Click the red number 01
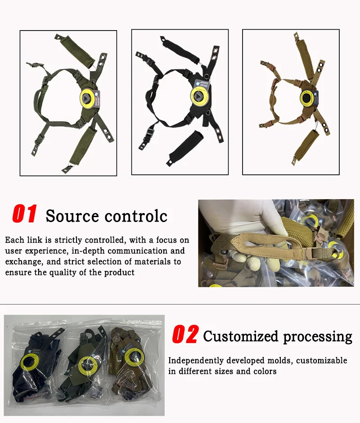tap(24, 214)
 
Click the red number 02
tap(185, 334)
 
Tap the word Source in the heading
tap(72, 216)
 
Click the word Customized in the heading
tap(241, 336)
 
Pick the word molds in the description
tap(280, 361)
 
